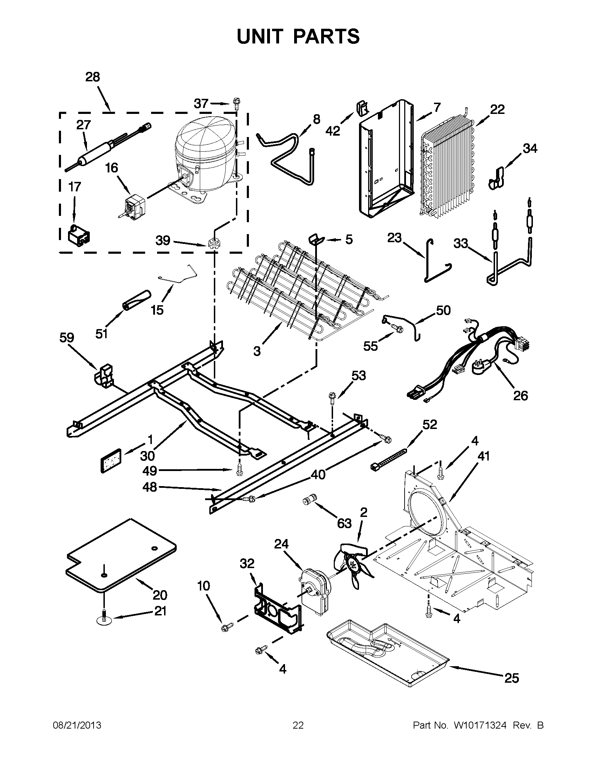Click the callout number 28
pyautogui.click(x=93, y=77)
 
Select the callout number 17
pyautogui.click(x=74, y=187)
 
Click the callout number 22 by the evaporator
pyautogui.click(x=497, y=110)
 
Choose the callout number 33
pyautogui.click(x=460, y=244)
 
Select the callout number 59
pyautogui.click(x=67, y=338)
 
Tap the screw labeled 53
pyautogui.click(x=332, y=396)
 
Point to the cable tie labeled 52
pyautogui.click(x=388, y=459)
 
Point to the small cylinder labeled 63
pyautogui.click(x=309, y=500)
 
